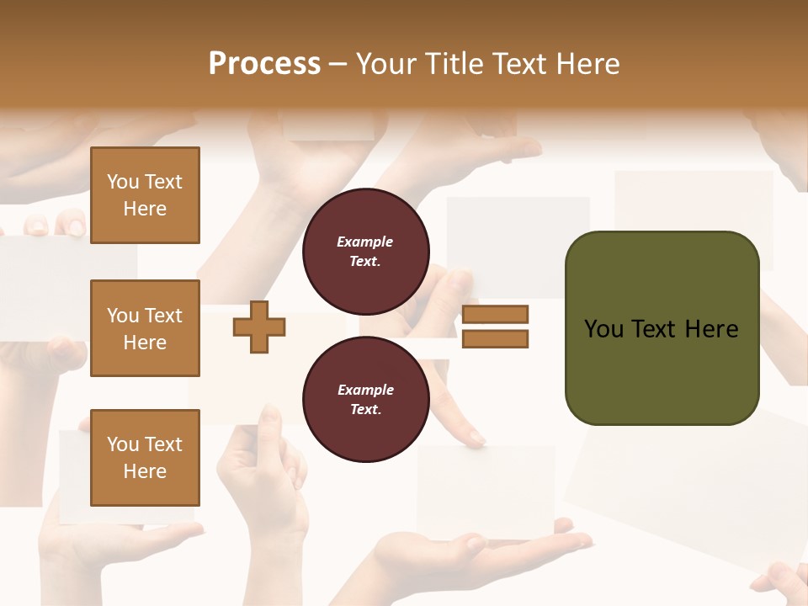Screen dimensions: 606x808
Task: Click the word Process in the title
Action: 264,64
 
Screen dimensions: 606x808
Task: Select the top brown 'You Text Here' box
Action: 145,195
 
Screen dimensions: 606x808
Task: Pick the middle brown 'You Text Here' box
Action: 145,328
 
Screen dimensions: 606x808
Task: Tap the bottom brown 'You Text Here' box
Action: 145,458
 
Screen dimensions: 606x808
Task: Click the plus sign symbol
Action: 258,326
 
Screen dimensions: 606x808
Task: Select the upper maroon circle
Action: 365,252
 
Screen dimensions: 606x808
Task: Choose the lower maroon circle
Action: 365,400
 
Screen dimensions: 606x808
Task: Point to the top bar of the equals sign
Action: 496,315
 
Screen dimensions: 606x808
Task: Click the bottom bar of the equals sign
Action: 496,338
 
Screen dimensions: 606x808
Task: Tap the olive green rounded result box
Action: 662,328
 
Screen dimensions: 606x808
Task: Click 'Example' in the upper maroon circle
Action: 365,242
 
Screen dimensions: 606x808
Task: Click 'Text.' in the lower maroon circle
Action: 365,410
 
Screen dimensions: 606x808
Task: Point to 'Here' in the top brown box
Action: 145,209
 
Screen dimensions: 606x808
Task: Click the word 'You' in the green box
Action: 604,329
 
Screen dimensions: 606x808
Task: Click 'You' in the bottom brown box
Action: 123,444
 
